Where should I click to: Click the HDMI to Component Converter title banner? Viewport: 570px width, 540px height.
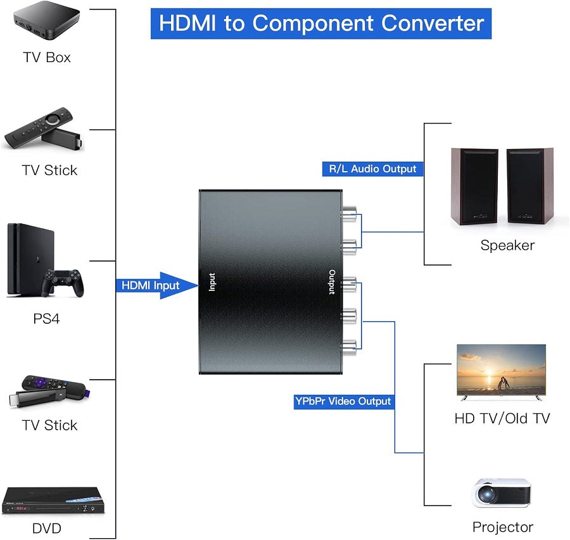(x=321, y=23)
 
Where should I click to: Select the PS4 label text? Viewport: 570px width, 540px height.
(x=46, y=318)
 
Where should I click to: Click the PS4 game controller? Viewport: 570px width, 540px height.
(x=63, y=283)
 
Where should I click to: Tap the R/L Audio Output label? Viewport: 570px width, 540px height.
(x=372, y=169)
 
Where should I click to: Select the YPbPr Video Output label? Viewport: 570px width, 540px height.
(x=343, y=401)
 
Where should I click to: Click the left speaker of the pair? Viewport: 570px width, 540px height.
(x=474, y=187)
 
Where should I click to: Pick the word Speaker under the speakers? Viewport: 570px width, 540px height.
(x=507, y=245)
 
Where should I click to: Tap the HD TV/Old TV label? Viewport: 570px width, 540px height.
(x=502, y=418)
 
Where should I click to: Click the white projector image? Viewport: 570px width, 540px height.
(x=502, y=492)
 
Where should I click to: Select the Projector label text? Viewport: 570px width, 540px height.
(x=503, y=527)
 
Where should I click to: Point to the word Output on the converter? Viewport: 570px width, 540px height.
(x=332, y=282)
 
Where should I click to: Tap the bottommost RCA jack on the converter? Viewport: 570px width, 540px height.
(x=348, y=345)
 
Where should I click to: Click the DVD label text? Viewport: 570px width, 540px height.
(x=47, y=528)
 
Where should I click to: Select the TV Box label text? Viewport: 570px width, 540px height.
(x=47, y=58)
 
